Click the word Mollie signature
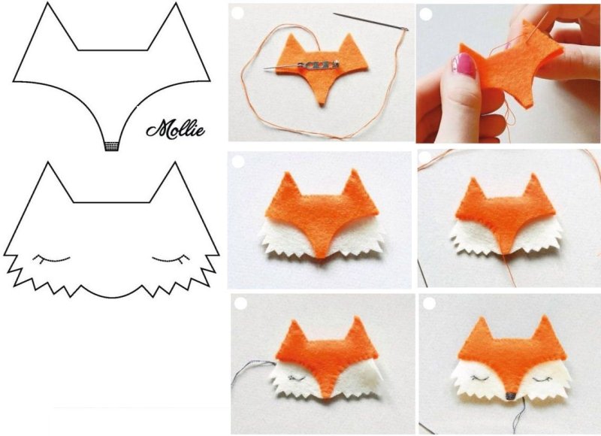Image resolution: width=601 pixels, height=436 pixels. click(176, 129)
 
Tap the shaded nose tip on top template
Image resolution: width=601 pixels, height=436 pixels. click(111, 147)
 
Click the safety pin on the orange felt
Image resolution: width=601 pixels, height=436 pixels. click(301, 65)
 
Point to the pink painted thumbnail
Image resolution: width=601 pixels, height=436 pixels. click(464, 65)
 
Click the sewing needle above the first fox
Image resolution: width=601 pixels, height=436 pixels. click(370, 22)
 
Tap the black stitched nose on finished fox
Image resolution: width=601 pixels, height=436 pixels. click(510, 395)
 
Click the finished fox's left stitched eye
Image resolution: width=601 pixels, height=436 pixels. click(479, 378)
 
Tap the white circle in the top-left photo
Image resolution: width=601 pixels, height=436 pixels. click(237, 13)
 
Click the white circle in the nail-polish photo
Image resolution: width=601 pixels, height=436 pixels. click(426, 14)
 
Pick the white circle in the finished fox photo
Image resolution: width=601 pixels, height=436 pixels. click(429, 304)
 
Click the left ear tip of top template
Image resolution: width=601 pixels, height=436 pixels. click(47, 3)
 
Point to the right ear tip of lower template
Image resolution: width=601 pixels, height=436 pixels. click(175, 162)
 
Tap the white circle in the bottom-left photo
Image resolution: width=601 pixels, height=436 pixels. click(240, 304)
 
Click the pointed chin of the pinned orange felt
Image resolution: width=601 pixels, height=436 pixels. click(322, 103)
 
